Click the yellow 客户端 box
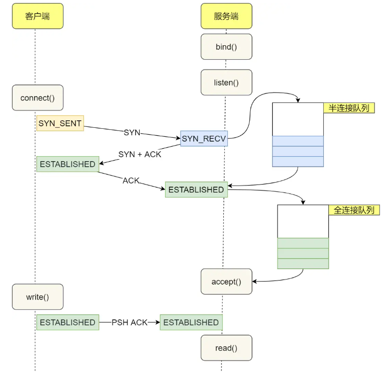click(38, 16)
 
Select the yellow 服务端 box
click(226, 16)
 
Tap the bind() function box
click(226, 47)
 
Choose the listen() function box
click(226, 83)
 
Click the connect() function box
click(38, 97)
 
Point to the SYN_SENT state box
click(60, 123)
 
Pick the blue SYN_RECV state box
click(204, 139)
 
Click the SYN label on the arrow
click(132, 133)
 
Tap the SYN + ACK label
click(140, 154)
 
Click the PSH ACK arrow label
click(129, 322)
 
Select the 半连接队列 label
click(349, 108)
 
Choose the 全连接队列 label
click(354, 210)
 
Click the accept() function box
click(226, 282)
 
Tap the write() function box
click(38, 297)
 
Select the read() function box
click(226, 348)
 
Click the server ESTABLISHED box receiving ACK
click(196, 190)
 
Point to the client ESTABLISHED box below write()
click(68, 322)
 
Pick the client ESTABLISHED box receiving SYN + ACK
click(68, 164)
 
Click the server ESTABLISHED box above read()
click(191, 322)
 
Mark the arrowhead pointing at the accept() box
click(254, 282)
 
